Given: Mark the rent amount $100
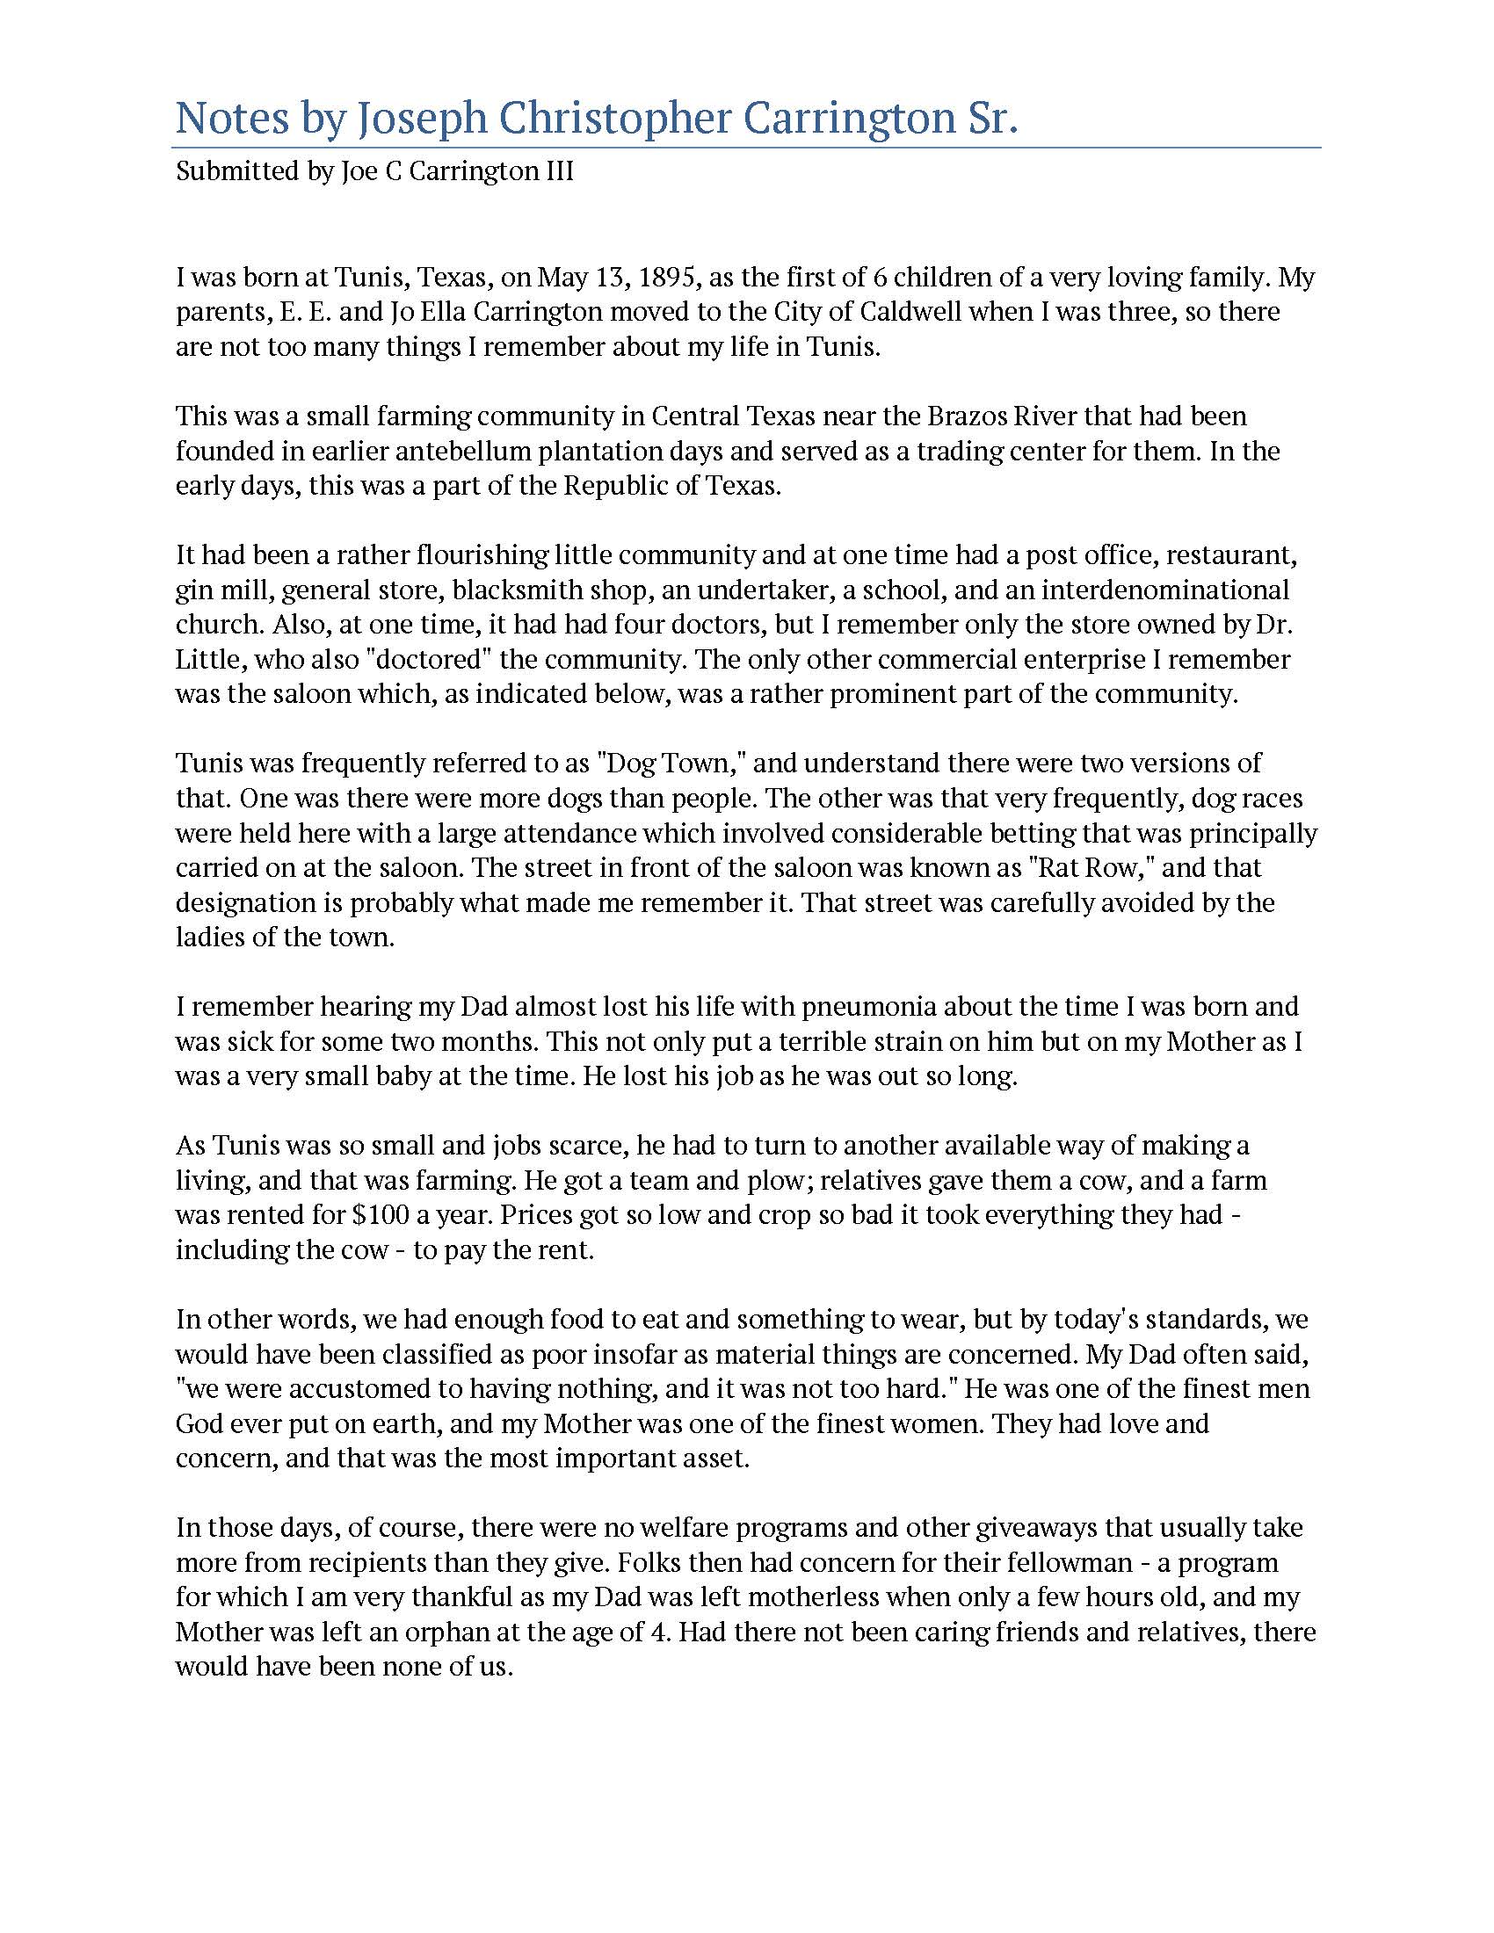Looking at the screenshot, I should (x=381, y=1214).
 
